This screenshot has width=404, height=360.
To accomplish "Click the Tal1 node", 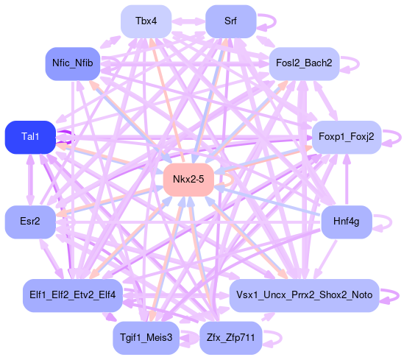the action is tap(30, 138).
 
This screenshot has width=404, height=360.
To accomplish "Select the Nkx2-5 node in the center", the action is tap(188, 180).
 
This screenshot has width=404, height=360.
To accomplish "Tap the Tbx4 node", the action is tap(146, 21).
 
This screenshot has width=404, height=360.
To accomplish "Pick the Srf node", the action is tap(230, 21).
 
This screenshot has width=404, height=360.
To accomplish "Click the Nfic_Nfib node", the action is tap(73, 63).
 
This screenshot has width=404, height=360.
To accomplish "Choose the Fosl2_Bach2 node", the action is tap(304, 63).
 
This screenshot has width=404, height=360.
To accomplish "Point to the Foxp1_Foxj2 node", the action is tap(347, 138).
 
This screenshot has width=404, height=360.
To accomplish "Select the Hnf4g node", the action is tap(347, 222).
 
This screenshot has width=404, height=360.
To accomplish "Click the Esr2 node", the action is tap(30, 222).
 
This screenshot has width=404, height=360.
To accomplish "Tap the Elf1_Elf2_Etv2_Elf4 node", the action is tap(73, 295).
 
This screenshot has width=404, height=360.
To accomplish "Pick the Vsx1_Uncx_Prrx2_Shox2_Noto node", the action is tap(304, 295).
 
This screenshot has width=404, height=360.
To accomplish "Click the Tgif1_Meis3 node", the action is tap(146, 338).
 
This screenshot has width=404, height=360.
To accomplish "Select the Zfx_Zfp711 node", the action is tap(230, 338).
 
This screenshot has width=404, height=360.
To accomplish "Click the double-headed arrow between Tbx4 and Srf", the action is tap(188, 21).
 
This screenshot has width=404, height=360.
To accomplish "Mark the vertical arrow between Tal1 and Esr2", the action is tap(30, 180).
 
